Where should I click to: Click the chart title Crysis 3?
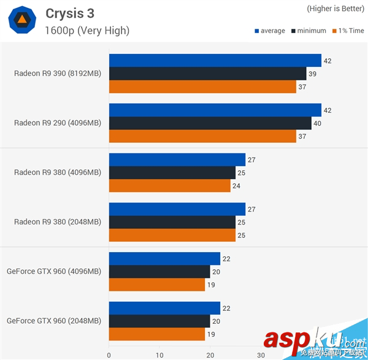pos(71,13)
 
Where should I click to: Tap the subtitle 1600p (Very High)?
pos(88,30)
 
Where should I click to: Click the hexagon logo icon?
pos(21,21)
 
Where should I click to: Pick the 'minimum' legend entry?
pos(309,31)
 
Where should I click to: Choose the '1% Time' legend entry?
pos(348,31)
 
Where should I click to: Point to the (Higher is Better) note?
pos(335,9)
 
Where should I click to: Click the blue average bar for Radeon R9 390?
pos(215,61)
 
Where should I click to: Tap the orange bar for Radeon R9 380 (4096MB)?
pos(169,186)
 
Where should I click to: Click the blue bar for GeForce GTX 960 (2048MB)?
pos(164,308)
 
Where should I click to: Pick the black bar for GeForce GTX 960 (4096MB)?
pos(159,272)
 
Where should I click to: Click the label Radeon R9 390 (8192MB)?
pos(57,74)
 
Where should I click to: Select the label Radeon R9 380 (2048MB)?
pos(57,222)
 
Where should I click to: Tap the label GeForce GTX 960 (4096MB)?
pos(53,271)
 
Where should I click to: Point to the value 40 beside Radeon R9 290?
pos(317,123)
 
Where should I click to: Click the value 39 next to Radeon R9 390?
pos(312,74)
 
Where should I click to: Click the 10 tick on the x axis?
pos(159,354)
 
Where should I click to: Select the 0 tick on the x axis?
pos(109,354)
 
